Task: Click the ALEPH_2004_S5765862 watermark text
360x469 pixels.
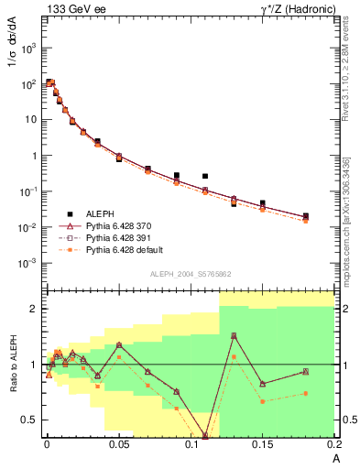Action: pyautogui.click(x=188, y=274)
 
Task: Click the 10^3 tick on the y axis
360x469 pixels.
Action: pyautogui.click(x=28, y=49)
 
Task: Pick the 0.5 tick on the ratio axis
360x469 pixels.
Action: pyautogui.click(x=29, y=420)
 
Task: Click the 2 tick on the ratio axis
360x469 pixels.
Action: pyautogui.click(x=35, y=309)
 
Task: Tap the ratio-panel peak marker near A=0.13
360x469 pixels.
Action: pyautogui.click(x=234, y=336)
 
